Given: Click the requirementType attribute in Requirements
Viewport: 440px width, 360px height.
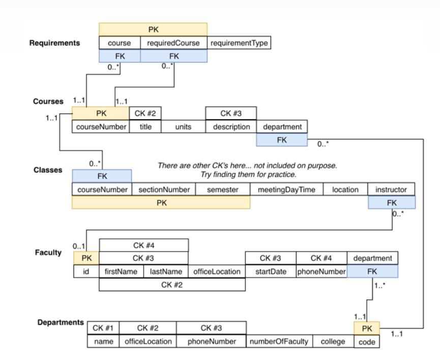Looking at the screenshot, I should (239, 43).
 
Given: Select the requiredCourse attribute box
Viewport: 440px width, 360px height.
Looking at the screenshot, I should (173, 43).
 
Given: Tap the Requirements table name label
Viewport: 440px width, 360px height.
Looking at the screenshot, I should (54, 43).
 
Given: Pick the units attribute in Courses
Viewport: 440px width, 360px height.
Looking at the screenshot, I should (183, 127).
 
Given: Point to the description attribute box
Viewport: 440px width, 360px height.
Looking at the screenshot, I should (231, 127).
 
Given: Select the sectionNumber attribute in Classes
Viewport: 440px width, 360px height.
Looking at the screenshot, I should (164, 190).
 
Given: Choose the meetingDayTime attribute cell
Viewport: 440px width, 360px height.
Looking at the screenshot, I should (286, 190).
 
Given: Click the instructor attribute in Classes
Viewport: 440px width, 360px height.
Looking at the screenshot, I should (391, 190).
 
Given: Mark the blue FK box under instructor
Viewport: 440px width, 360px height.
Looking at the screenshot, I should (391, 202).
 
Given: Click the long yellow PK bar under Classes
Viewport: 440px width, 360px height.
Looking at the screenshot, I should (161, 202).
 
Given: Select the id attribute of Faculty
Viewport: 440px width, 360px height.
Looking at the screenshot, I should (86, 272).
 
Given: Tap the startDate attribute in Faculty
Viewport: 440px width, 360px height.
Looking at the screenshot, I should (271, 272).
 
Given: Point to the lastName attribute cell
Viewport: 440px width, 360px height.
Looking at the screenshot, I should (166, 272).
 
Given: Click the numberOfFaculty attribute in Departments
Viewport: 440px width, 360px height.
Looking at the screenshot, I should (279, 342).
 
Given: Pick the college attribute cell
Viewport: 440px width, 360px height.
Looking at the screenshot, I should (333, 342).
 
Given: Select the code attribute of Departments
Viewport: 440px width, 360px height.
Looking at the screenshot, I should (367, 342).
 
